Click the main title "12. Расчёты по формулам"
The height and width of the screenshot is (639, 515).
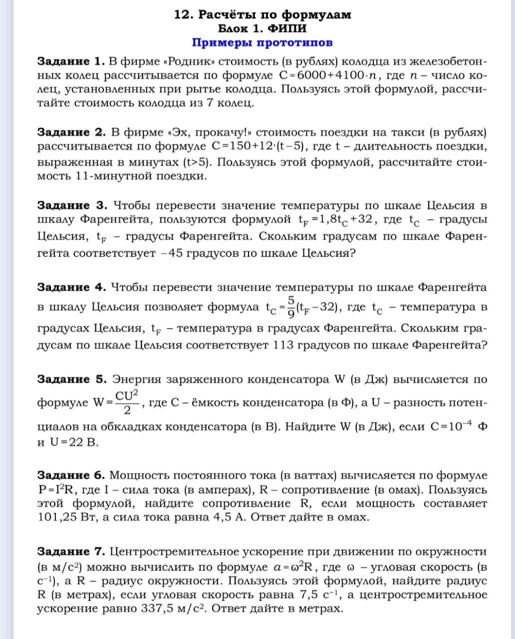click(x=262, y=14)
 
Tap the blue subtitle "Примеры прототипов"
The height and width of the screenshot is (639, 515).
click(x=262, y=42)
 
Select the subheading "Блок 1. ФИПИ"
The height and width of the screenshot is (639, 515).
click(x=262, y=28)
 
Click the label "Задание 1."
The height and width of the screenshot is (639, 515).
click(x=71, y=62)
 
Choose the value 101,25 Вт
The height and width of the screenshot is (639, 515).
click(x=67, y=517)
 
